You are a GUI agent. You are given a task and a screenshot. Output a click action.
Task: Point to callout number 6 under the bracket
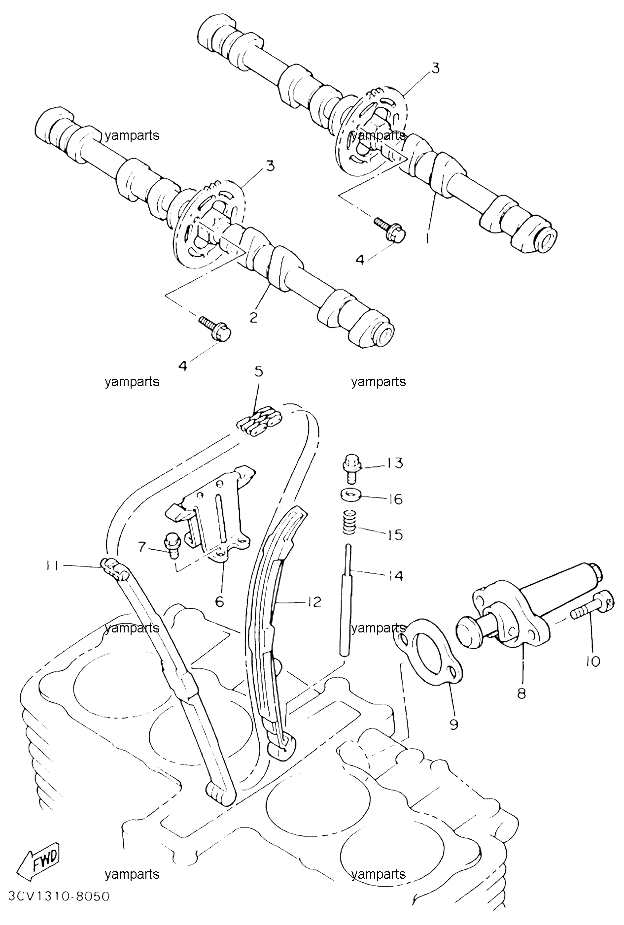220,601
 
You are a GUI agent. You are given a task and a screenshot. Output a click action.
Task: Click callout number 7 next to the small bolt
142,546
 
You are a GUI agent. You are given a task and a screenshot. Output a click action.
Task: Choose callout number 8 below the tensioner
521,694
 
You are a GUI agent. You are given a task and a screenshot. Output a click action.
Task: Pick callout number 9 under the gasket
454,724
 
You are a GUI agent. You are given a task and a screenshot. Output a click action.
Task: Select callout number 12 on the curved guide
313,601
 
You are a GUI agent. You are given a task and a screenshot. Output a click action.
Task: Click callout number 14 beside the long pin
394,575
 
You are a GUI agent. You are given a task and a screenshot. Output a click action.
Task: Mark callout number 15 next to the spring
394,534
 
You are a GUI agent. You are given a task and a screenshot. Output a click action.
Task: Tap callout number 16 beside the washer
394,499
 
